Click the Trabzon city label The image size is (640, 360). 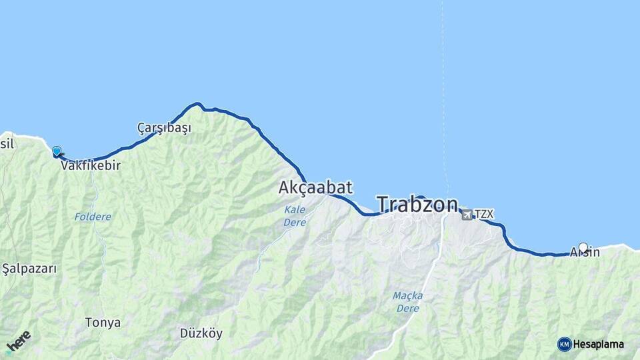[x=417, y=204]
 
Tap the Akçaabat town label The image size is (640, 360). [x=315, y=188]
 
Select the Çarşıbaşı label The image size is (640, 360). [x=164, y=128]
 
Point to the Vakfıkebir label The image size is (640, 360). [x=91, y=165]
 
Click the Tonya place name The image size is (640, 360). [x=103, y=323]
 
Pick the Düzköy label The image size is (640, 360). [x=201, y=333]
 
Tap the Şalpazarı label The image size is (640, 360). [x=29, y=269]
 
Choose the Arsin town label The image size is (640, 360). [x=585, y=253]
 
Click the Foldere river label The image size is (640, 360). [x=93, y=217]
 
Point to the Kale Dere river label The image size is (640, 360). [x=295, y=215]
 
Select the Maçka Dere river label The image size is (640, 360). [x=407, y=301]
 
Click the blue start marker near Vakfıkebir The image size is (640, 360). [x=57, y=152]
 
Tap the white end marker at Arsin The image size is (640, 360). [x=583, y=248]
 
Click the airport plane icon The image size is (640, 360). [x=467, y=214]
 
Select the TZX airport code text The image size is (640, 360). [x=484, y=214]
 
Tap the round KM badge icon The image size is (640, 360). [x=564, y=344]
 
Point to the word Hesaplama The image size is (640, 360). [x=598, y=344]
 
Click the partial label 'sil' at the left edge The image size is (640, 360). [x=7, y=143]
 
